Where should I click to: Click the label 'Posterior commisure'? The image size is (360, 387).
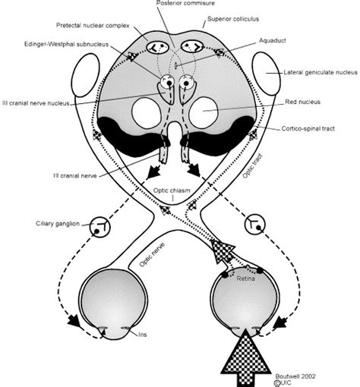point(185,3)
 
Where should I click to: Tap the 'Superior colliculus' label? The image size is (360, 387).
point(233,19)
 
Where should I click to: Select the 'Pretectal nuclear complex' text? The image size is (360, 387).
point(93,26)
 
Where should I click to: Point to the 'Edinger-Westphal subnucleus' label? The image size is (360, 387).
point(66,44)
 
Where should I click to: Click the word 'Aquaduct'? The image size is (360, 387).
point(273,41)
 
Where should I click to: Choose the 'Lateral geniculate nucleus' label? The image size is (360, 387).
point(321,73)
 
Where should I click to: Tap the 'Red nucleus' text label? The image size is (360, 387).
point(302,102)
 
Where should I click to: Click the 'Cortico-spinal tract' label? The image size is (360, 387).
point(308,128)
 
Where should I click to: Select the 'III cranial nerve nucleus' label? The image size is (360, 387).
point(36,103)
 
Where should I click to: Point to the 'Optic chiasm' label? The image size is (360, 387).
point(172,190)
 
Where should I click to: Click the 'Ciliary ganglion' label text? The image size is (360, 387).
point(58,224)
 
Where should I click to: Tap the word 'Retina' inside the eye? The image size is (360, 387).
point(245,278)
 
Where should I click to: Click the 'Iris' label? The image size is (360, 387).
point(142,335)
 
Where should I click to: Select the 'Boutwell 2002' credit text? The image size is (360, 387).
point(295,376)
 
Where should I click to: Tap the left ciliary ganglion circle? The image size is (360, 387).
point(100,227)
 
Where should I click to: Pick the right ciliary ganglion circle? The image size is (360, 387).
point(255,224)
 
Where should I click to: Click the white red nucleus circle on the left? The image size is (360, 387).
point(147,114)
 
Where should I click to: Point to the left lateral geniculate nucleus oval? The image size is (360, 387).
point(86,75)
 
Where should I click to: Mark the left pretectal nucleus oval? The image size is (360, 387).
point(158,47)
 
